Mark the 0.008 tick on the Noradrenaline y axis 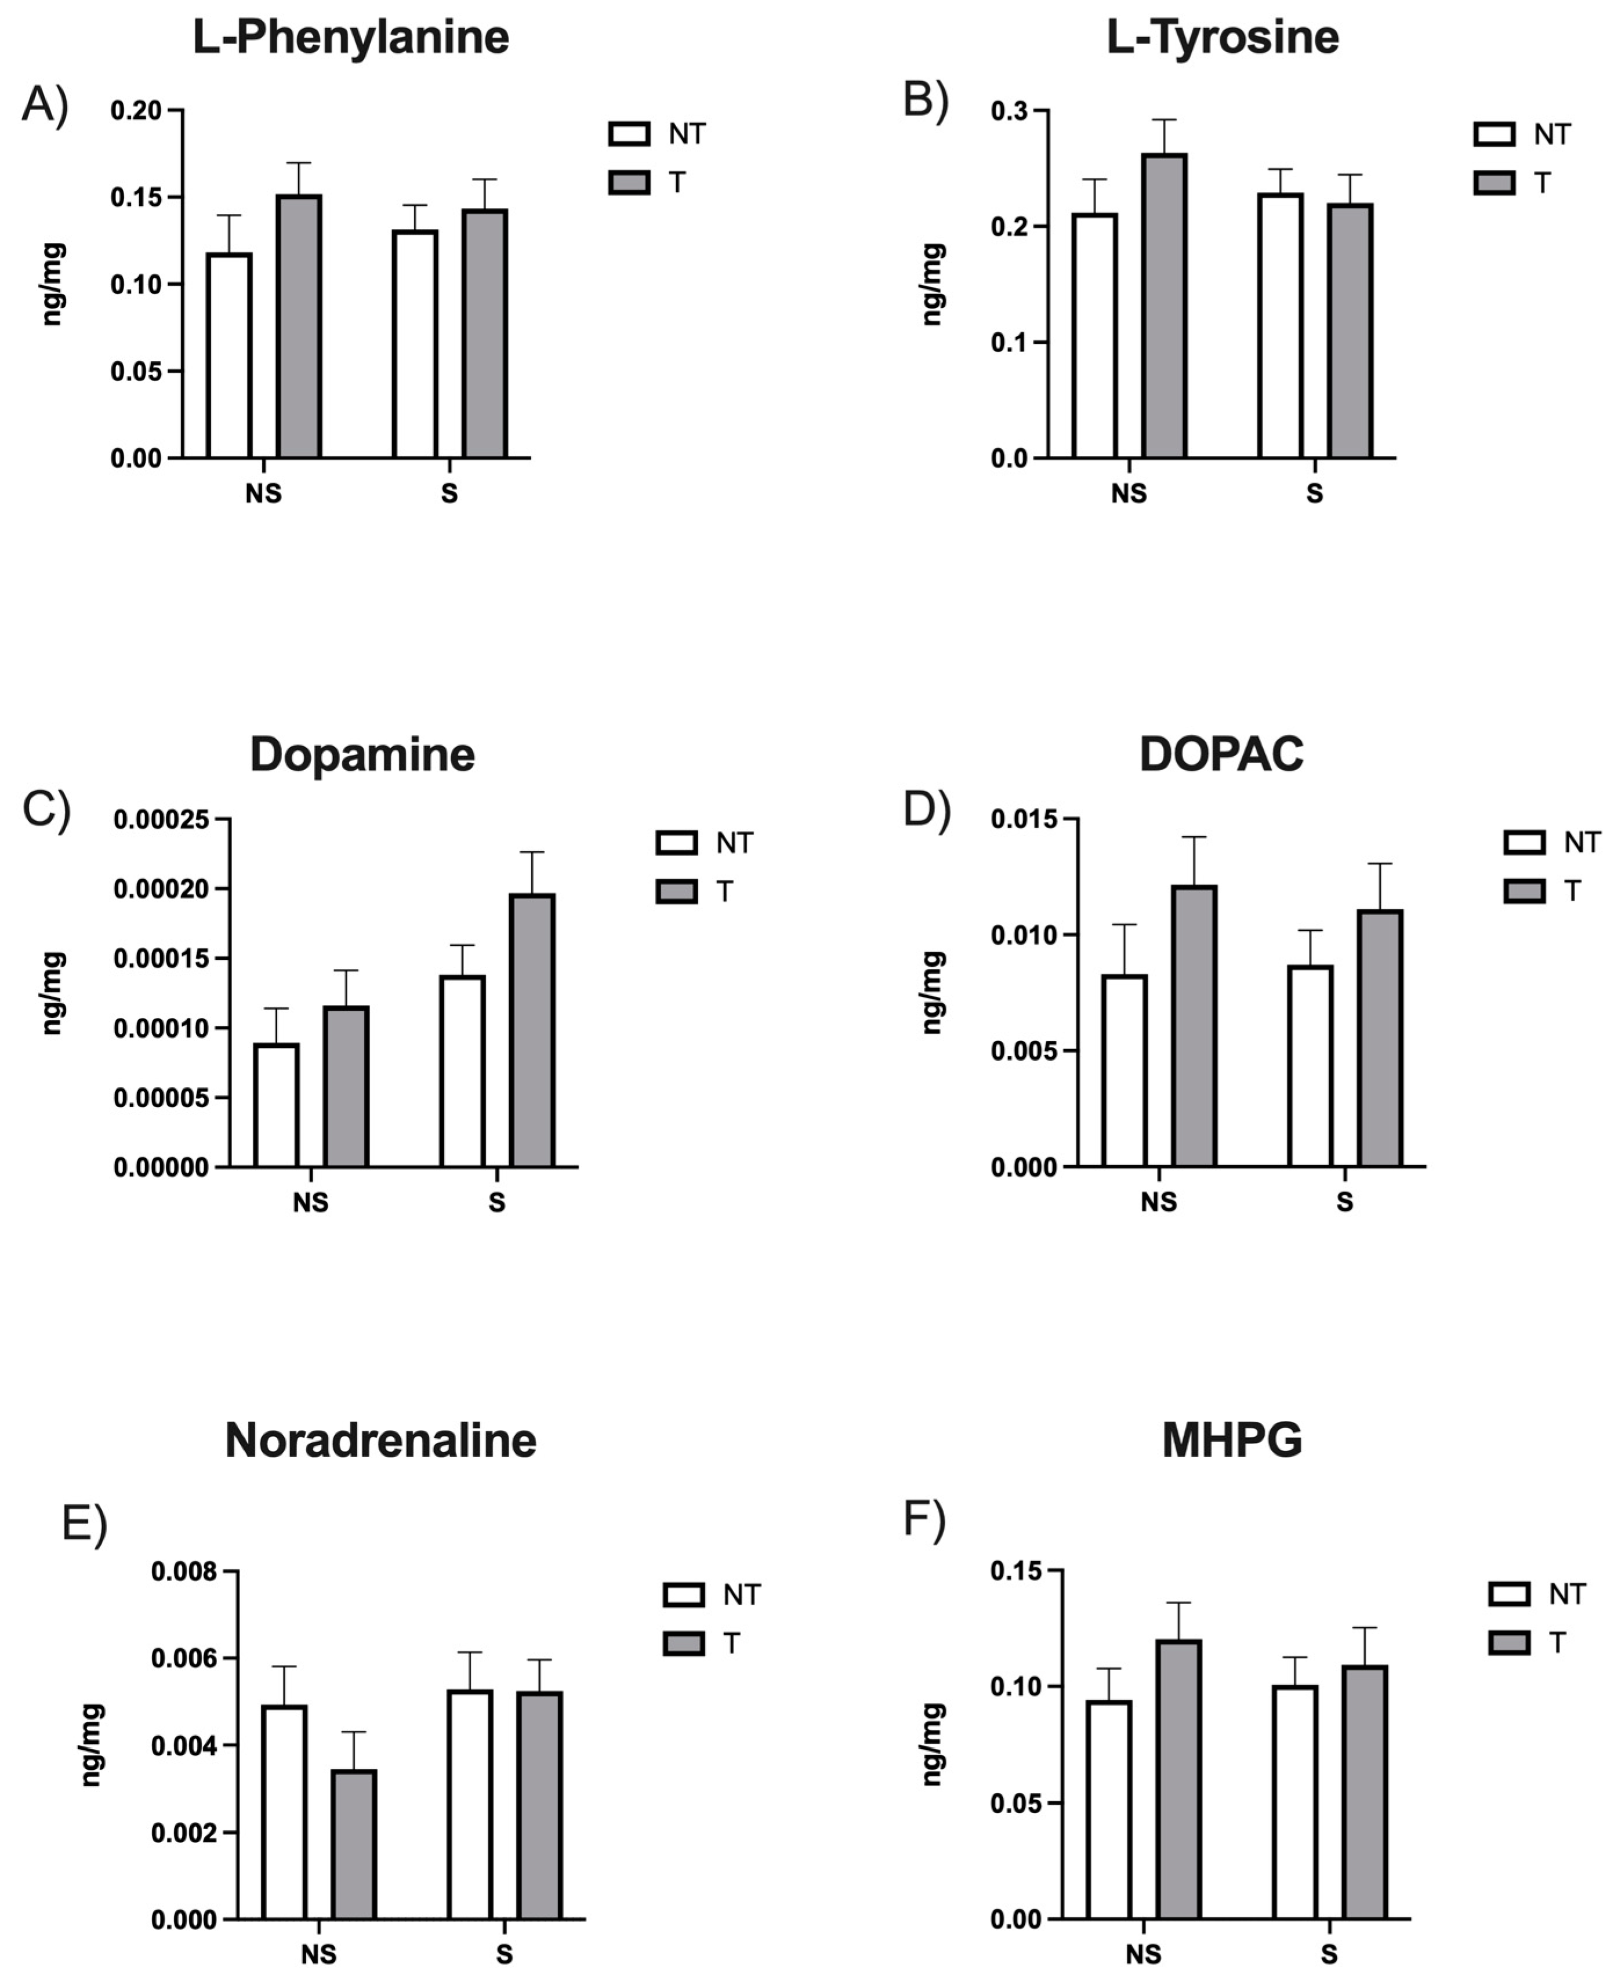pyautogui.click(x=184, y=1572)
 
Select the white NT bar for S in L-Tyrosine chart pyautogui.click(x=1280, y=325)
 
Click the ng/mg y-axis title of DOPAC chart pyautogui.click(x=933, y=993)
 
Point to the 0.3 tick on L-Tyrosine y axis pyautogui.click(x=1009, y=111)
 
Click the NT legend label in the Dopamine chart pyautogui.click(x=734, y=843)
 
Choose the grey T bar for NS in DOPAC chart pyautogui.click(x=1194, y=1026)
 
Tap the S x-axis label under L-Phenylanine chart pyautogui.click(x=449, y=493)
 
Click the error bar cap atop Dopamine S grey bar pyautogui.click(x=532, y=852)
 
